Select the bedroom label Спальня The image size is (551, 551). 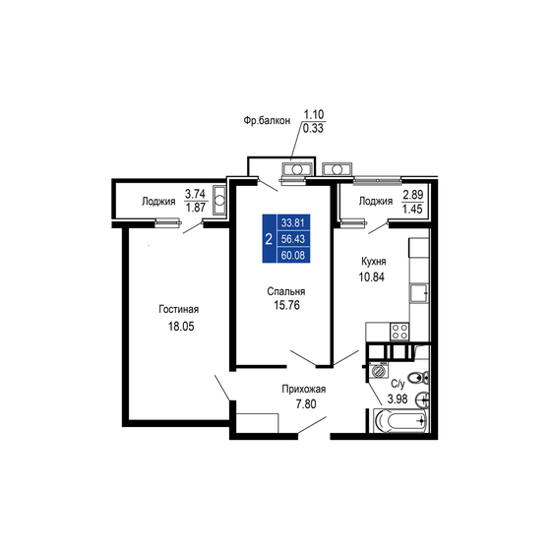coord(285,291)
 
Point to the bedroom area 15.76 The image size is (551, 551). coord(285,307)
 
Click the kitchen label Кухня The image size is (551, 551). coord(372,262)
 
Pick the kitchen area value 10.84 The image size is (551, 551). coord(372,277)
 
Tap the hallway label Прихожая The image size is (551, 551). coord(303,389)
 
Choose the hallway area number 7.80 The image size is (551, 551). coord(303,404)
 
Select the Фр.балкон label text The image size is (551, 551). coord(269,121)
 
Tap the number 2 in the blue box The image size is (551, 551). coord(269,239)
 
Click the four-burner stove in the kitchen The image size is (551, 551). coord(400,332)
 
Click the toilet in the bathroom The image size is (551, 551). coord(419,378)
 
